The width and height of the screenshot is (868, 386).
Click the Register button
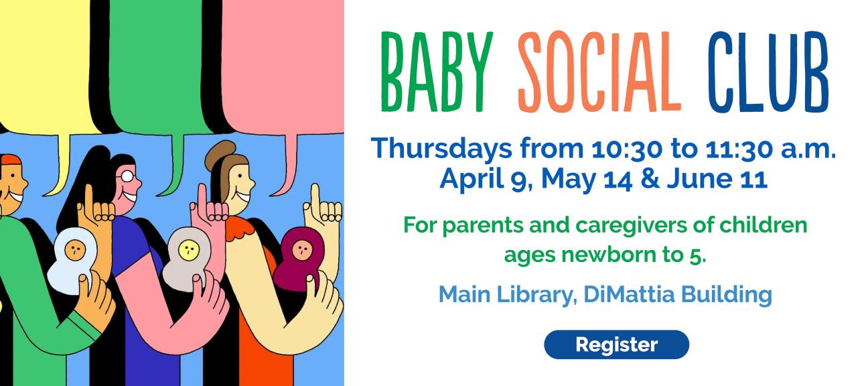pyautogui.click(x=616, y=344)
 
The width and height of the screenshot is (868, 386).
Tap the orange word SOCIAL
pyautogui.click(x=600, y=72)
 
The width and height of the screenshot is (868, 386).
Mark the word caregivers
pyautogui.click(x=626, y=224)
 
